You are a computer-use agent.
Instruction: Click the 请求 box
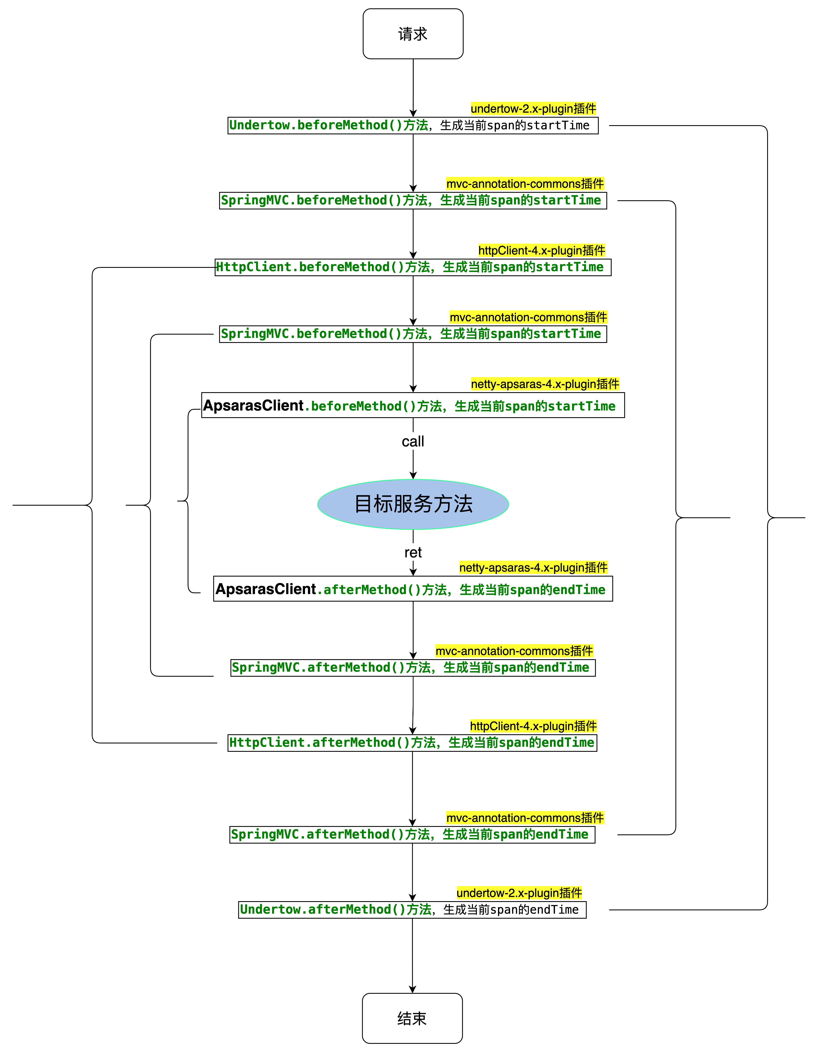pos(413,34)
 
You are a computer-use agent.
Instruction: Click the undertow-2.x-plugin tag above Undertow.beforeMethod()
pos(533,108)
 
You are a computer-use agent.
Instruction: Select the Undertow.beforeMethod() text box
pos(413,125)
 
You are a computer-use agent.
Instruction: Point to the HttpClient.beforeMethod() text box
pos(413,267)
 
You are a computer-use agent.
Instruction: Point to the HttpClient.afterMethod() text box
pos(412,742)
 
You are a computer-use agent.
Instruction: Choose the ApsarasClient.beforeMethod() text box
pos(413,406)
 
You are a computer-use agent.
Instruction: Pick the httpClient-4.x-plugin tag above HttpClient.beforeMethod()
pos(542,250)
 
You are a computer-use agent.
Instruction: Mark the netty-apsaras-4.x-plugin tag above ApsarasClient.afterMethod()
pos(533,567)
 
